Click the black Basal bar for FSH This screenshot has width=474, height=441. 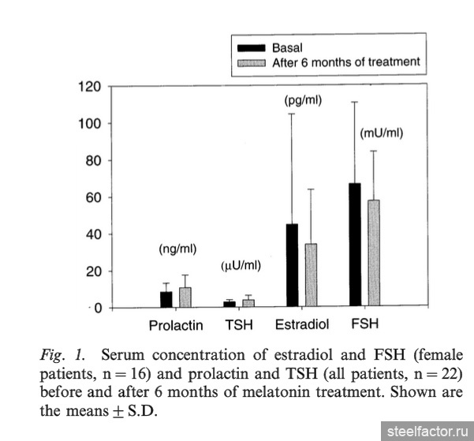point(355,245)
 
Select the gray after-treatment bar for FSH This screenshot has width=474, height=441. point(374,253)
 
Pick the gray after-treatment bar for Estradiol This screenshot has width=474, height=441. point(311,275)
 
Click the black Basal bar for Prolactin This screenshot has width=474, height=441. point(166,299)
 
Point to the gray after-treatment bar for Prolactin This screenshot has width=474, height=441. point(185,297)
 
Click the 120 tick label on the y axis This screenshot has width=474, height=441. point(90,86)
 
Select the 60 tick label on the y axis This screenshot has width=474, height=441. point(93,197)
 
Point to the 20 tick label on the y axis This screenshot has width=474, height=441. point(93,271)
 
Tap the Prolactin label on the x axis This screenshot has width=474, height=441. point(176,325)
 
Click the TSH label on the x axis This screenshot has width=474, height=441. point(239,325)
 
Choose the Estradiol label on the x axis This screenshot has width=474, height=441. point(300,325)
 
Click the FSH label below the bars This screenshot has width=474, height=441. point(364,323)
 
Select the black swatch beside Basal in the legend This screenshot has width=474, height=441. point(252,48)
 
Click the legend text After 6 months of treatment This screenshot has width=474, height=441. point(345,62)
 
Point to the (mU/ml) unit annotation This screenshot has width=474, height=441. point(381,133)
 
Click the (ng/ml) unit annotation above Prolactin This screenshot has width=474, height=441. point(177,249)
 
